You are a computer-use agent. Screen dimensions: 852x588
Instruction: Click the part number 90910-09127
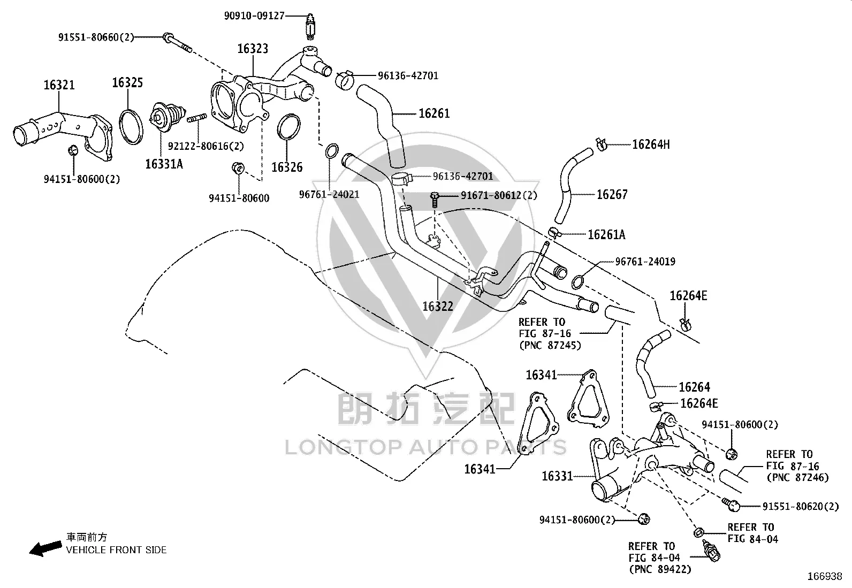tap(254, 16)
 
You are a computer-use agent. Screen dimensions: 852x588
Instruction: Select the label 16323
tap(253, 49)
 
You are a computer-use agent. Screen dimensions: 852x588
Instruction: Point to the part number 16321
tap(59, 85)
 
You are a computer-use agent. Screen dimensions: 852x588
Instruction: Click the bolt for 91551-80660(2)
tap(177, 43)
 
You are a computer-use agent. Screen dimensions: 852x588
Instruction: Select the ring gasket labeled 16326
tap(288, 127)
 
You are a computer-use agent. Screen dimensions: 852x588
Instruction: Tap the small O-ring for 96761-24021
tap(332, 151)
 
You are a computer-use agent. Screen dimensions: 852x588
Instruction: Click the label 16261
tap(434, 113)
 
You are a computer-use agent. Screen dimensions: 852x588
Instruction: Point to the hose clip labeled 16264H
tap(601, 144)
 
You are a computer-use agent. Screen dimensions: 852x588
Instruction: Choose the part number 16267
tap(612, 195)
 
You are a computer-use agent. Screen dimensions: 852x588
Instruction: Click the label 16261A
tap(606, 235)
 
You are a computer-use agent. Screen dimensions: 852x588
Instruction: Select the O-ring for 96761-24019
tap(578, 282)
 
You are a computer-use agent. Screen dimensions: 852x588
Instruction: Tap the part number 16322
tap(438, 306)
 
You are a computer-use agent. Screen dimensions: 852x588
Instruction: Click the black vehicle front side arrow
tap(45, 548)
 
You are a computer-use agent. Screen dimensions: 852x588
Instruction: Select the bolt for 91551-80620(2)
tap(731, 505)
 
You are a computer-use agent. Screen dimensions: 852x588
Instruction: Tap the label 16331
tap(557, 476)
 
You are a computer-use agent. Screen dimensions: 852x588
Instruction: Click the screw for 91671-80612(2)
tap(435, 199)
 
